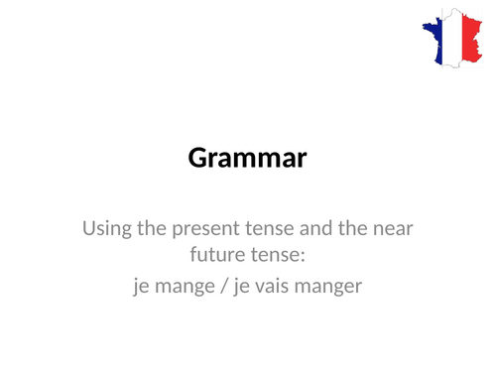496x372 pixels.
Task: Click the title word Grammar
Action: pyautogui.click(x=247, y=158)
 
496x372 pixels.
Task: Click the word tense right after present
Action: pyautogui.click(x=260, y=230)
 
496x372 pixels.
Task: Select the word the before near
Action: pyautogui.click(x=346, y=230)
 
